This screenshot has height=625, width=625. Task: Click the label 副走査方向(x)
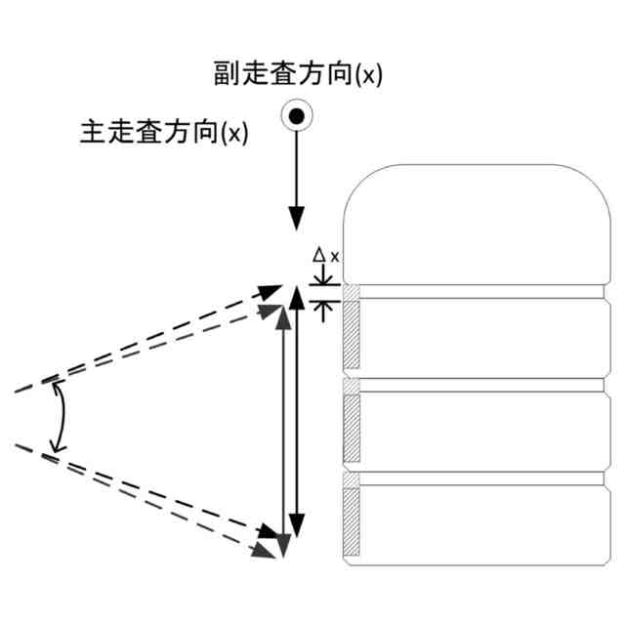[x=298, y=74]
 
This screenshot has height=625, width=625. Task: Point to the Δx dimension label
[x=325, y=256]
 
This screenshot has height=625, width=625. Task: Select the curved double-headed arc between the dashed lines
[x=61, y=418]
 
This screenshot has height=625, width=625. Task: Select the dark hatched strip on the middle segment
[x=353, y=428]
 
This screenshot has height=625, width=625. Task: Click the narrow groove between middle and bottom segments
[x=478, y=479]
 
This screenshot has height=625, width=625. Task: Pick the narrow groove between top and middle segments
[x=478, y=385]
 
